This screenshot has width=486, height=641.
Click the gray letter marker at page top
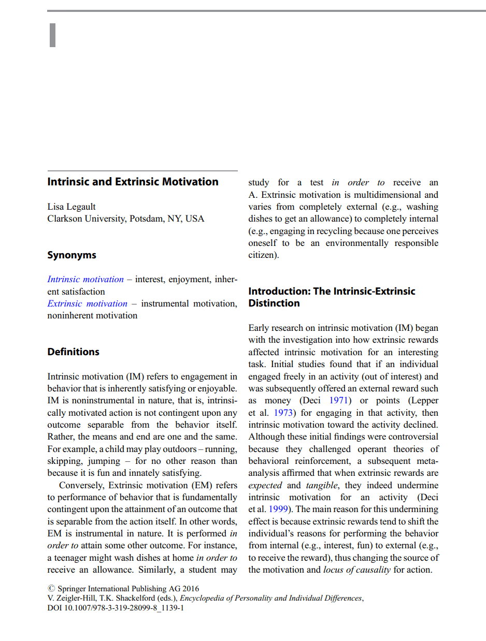pyautogui.click(x=52, y=35)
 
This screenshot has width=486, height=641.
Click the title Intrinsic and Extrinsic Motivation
pyautogui.click(x=133, y=182)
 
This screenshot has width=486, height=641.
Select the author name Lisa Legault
pyautogui.click(x=72, y=207)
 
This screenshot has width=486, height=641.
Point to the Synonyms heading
pyautogui.click(x=72, y=255)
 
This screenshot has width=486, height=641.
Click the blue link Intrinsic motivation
pyautogui.click(x=85, y=280)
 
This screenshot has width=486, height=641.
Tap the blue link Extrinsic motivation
pyautogui.click(x=87, y=303)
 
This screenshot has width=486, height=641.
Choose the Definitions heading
pyautogui.click(x=73, y=352)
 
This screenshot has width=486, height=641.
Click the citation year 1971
pyautogui.click(x=339, y=401)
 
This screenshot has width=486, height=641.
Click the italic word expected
pyautogui.click(x=265, y=485)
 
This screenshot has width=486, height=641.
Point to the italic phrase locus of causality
pyautogui.click(x=356, y=570)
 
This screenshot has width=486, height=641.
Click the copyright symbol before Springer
pyautogui.click(x=51, y=589)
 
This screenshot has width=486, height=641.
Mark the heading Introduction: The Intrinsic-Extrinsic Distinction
pyautogui.click(x=332, y=297)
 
